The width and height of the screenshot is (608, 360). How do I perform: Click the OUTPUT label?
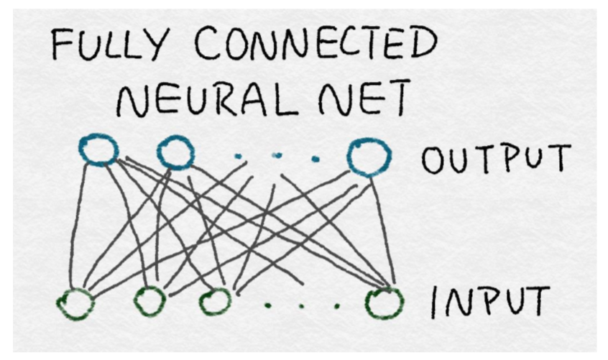tap(496, 159)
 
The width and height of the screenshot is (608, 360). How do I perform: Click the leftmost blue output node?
tap(99, 150)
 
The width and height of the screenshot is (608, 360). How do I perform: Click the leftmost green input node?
tap(76, 304)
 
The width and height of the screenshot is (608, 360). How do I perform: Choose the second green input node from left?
tap(150, 300)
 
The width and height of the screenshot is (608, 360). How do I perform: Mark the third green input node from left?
tap(215, 302)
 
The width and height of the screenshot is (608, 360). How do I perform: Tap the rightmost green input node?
tap(384, 303)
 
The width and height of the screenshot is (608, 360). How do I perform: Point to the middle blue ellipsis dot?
tap(278, 155)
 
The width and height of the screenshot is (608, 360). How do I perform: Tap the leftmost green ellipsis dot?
tap(267, 306)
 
